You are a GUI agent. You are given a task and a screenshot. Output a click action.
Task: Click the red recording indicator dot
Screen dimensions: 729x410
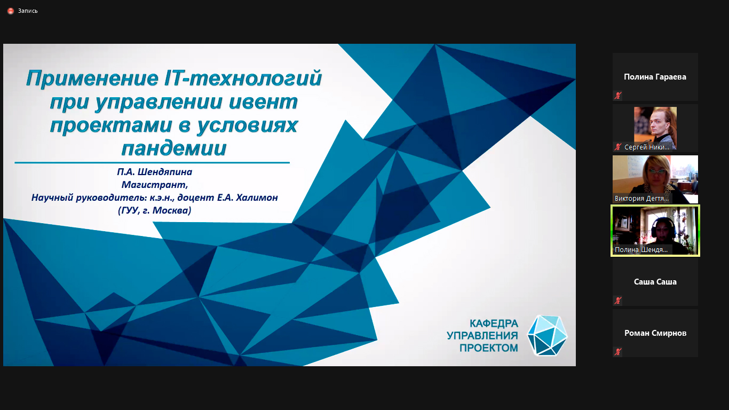pos(11,11)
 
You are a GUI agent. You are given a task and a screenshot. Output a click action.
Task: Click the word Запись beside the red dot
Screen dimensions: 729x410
pos(28,11)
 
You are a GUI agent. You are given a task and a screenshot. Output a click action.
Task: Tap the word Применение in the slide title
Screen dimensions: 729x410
pos(92,79)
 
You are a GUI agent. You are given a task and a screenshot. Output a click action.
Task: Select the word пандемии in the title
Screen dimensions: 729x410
pos(174,148)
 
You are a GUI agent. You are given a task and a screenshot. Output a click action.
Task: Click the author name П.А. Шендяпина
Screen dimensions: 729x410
pos(155,171)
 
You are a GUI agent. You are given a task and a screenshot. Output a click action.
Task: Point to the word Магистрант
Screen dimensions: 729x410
pos(155,185)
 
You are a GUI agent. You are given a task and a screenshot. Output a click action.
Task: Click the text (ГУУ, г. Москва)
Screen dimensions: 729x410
pos(155,210)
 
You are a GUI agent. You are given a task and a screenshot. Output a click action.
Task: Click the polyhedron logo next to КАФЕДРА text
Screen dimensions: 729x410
pos(548,335)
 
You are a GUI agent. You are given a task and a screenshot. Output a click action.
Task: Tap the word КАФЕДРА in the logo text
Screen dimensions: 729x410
pos(494,324)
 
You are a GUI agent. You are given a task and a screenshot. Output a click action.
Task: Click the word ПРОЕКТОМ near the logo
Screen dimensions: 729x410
pos(488,348)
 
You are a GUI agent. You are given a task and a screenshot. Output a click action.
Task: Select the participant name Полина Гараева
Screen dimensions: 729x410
pos(655,77)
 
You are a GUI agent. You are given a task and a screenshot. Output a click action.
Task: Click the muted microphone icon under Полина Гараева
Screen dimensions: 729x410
pos(617,96)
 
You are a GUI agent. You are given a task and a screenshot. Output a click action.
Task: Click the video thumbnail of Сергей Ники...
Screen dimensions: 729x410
pos(655,128)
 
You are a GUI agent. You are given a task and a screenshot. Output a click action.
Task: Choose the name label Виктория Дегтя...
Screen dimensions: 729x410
pos(641,198)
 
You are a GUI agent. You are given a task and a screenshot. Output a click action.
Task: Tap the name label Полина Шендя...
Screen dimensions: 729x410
pos(641,250)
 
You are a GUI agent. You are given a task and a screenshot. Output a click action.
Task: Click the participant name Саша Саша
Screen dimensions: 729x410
pos(655,282)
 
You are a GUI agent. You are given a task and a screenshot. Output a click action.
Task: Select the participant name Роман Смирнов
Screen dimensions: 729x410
pos(655,333)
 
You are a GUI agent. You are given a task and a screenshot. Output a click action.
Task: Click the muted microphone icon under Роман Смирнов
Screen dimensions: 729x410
pos(617,352)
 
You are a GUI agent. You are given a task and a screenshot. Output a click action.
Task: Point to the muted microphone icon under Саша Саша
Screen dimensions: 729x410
pos(617,300)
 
